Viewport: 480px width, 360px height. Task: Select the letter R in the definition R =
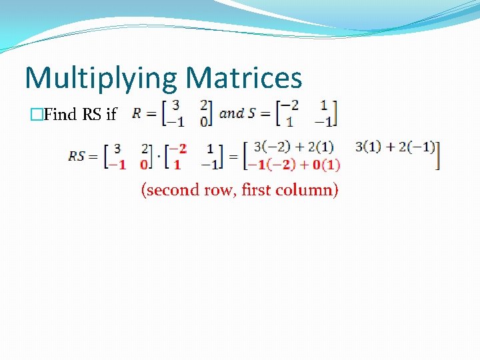pos(137,113)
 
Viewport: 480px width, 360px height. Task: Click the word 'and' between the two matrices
pos(231,113)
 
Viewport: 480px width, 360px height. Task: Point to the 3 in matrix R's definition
pos(175,105)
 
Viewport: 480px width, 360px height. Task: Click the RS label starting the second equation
pos(77,156)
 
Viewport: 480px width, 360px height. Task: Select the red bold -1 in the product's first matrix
pos(117,165)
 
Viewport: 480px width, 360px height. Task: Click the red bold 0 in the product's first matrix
pos(143,165)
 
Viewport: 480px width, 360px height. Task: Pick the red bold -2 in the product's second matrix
pos(178,147)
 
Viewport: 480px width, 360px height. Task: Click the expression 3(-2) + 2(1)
pos(294,147)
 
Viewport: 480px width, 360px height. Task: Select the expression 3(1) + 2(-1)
pos(395,147)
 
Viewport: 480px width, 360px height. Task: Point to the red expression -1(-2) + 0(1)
pos(294,165)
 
